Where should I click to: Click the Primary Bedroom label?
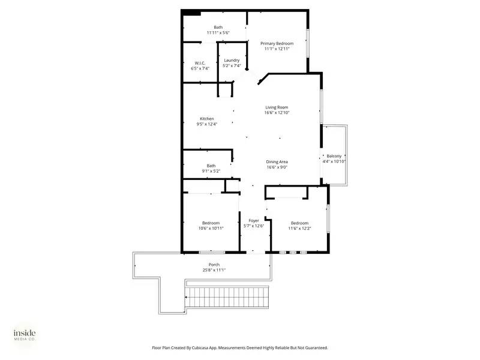click(277, 43)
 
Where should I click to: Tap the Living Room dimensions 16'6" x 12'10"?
click(277, 113)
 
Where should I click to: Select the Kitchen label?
click(206, 119)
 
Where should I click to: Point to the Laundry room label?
click(232, 60)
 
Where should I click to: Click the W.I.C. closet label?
click(200, 63)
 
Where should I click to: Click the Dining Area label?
click(277, 161)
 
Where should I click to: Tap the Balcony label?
click(334, 156)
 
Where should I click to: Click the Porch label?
click(214, 265)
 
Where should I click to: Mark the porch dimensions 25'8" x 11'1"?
click(214, 270)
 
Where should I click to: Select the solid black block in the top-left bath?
click(192, 13)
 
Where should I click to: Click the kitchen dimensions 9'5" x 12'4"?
click(206, 124)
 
